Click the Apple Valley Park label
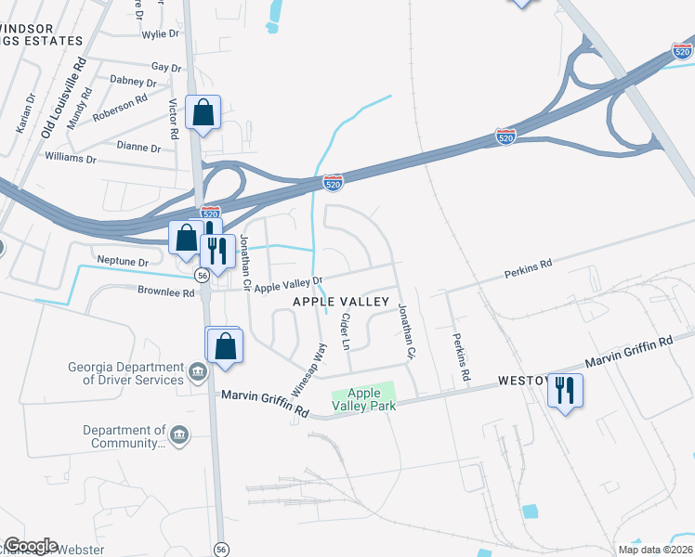[371, 400]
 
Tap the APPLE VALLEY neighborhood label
[341, 302]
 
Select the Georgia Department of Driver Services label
[125, 373]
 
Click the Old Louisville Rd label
[63, 97]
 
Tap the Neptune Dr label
[123, 263]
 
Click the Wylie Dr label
[160, 33]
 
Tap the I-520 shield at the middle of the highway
[333, 183]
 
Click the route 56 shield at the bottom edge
[221, 549]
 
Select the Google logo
[31, 546]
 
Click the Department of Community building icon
[180, 434]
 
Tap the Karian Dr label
[25, 110]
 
